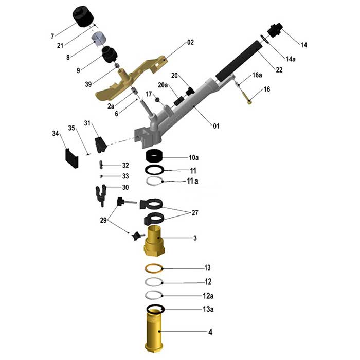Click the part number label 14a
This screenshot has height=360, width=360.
pyautogui.click(x=291, y=59)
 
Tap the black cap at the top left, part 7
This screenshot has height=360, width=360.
pyautogui.click(x=83, y=16)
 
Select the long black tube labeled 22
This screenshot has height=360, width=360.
pyautogui.click(x=239, y=61)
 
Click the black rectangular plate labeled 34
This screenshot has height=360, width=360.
pyautogui.click(x=72, y=158)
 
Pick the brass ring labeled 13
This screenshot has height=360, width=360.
pyautogui.click(x=154, y=268)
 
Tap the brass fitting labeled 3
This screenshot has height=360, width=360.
pyautogui.click(x=154, y=241)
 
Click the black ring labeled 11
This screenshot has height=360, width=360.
pyautogui.click(x=154, y=170)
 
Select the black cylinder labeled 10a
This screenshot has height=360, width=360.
pyautogui.click(x=154, y=156)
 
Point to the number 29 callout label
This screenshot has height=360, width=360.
pyautogui.click(x=103, y=221)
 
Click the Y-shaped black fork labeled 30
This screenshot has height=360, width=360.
pyautogui.click(x=101, y=195)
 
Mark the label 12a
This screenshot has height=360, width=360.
pyautogui.click(x=208, y=296)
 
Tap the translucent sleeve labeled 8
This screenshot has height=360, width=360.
pyautogui.click(x=99, y=39)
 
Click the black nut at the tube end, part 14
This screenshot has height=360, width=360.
pyautogui.click(x=275, y=30)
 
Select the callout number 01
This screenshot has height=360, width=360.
pyautogui.click(x=217, y=126)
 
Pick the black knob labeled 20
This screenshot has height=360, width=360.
pyautogui.click(x=190, y=91)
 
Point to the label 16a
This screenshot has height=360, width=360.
pyautogui.click(x=257, y=75)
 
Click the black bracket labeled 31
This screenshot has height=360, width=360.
pyautogui.click(x=101, y=145)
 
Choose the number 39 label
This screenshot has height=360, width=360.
pyautogui.click(x=88, y=84)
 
